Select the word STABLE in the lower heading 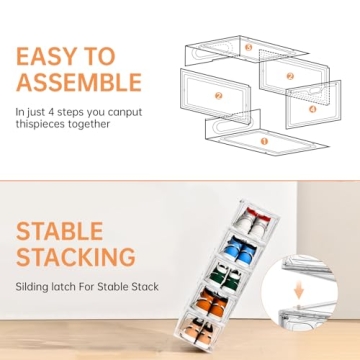click(58, 233)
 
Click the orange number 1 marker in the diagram click(264, 141)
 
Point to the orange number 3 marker click(248, 47)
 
